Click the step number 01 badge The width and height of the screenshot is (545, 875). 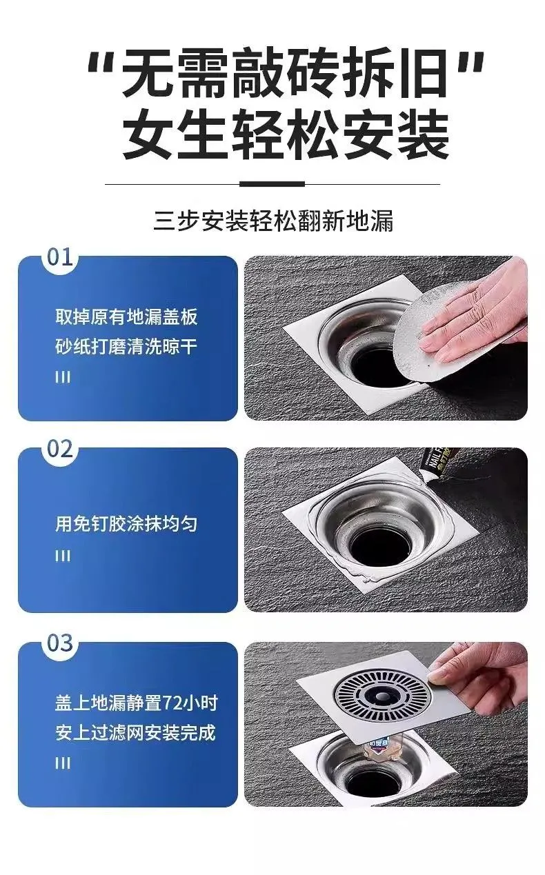coord(60,257)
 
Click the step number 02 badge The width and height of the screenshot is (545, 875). coord(60,449)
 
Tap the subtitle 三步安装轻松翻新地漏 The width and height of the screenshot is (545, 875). coord(273,221)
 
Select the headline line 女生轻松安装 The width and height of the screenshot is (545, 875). coord(286,134)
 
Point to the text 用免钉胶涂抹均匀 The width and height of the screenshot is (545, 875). coord(126,524)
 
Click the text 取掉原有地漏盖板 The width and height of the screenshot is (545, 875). coord(126,316)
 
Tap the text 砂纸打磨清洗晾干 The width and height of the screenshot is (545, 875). coord(126,347)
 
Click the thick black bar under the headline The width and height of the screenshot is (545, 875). coord(272,183)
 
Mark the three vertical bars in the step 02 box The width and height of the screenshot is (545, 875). coord(63,556)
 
